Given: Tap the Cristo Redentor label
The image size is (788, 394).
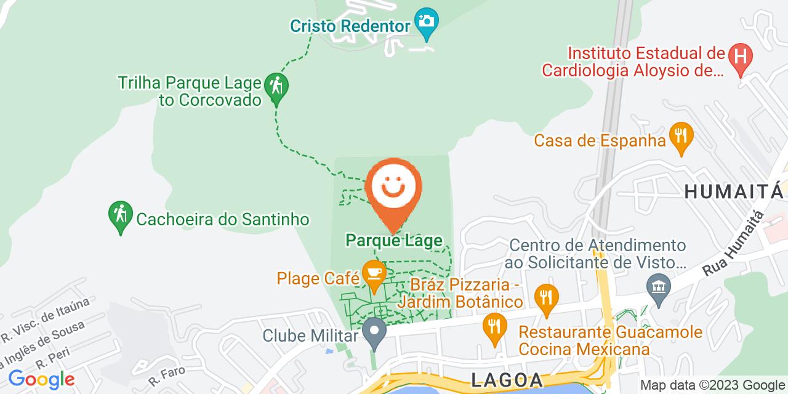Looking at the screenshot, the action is click(x=350, y=26).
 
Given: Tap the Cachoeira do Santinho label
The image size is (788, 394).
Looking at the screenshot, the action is click(x=222, y=219).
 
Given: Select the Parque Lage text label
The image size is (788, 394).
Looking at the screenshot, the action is click(x=394, y=240).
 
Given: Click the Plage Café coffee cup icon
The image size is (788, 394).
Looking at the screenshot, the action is click(x=374, y=273).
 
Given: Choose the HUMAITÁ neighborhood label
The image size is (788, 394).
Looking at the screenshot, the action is click(x=733, y=191).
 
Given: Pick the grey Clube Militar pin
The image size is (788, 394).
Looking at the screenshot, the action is click(x=374, y=331).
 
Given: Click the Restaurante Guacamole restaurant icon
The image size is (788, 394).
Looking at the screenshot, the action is click(x=493, y=324).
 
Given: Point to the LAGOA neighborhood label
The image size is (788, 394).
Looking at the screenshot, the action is click(x=507, y=379).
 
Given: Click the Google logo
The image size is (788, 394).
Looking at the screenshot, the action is click(x=41, y=379).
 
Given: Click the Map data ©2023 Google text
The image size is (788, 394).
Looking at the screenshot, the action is click(x=712, y=385).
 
